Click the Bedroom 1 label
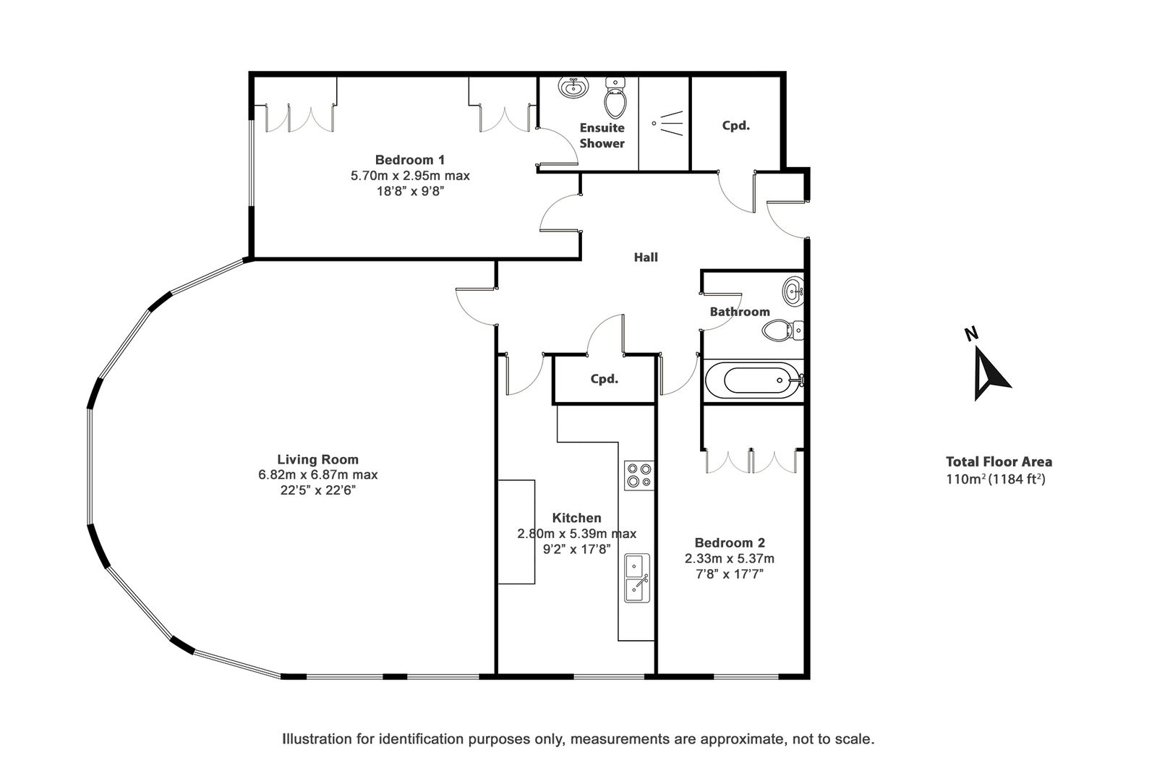409,160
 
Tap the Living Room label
317,459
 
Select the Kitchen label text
576,518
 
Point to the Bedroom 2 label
730,542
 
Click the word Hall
646,257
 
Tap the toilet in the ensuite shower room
615,98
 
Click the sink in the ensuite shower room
573,87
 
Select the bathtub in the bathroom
754,380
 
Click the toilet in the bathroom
782,331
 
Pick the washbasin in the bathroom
793,292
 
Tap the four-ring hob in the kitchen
639,475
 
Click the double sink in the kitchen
637,579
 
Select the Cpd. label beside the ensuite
735,126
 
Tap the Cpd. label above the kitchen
605,379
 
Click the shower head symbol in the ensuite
668,123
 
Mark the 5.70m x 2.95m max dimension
410,176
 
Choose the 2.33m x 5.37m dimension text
730,558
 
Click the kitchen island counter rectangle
516,532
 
